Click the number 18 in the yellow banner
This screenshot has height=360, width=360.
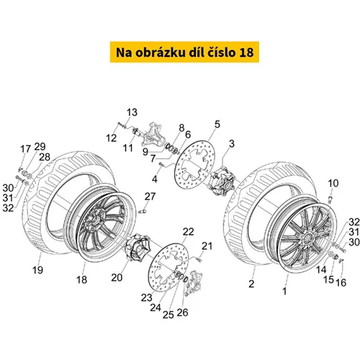coord(246,53)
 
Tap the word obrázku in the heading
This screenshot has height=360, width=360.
coord(161,52)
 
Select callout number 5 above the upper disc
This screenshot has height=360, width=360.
coord(217,125)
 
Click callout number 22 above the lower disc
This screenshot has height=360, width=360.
coord(188,232)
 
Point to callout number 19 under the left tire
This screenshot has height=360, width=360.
coord(37,270)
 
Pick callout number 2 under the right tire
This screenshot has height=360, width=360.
coord(251,284)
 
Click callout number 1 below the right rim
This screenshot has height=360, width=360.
coord(284,291)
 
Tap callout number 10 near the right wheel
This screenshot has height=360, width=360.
coord(333,184)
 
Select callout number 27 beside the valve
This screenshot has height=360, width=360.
coord(150,197)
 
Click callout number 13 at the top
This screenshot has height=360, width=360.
coord(132,112)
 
